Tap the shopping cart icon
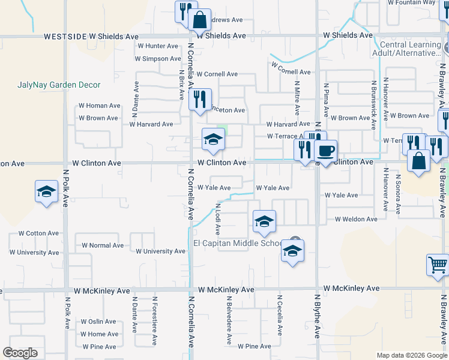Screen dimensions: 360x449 tap(438, 264)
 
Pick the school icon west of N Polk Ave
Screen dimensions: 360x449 tap(46, 191)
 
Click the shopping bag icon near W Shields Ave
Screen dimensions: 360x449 tap(199, 19)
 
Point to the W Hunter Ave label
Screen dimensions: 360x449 tap(158, 46)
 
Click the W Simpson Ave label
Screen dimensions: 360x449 tap(157, 59)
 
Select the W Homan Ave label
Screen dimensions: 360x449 tap(99, 106)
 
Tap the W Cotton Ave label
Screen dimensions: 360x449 tap(38, 233)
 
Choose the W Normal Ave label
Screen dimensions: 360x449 tap(103, 245)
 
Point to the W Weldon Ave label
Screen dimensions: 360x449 tap(356, 220)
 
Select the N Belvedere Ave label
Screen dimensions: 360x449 tap(229, 323)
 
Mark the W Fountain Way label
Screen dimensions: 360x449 tap(411, 2)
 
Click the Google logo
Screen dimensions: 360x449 tap(20, 353)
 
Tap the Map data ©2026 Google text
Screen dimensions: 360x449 tap(411, 355)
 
